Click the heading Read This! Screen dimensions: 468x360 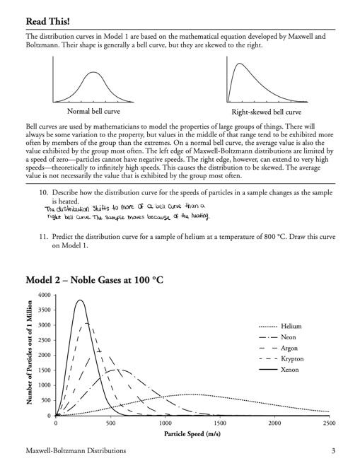(x=52, y=21)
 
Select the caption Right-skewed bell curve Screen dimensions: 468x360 (x=266, y=112)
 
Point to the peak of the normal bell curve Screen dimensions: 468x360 (x=93, y=72)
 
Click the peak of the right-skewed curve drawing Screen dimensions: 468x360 (x=238, y=64)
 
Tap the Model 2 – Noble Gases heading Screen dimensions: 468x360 (x=94, y=280)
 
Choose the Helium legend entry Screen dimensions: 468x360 (x=291, y=326)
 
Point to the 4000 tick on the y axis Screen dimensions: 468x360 (x=44, y=295)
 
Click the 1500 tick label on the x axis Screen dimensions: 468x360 (x=219, y=423)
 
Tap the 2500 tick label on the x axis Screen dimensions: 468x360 (x=328, y=423)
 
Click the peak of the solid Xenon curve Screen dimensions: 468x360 (x=81, y=300)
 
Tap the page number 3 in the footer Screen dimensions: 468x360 (x=332, y=450)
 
